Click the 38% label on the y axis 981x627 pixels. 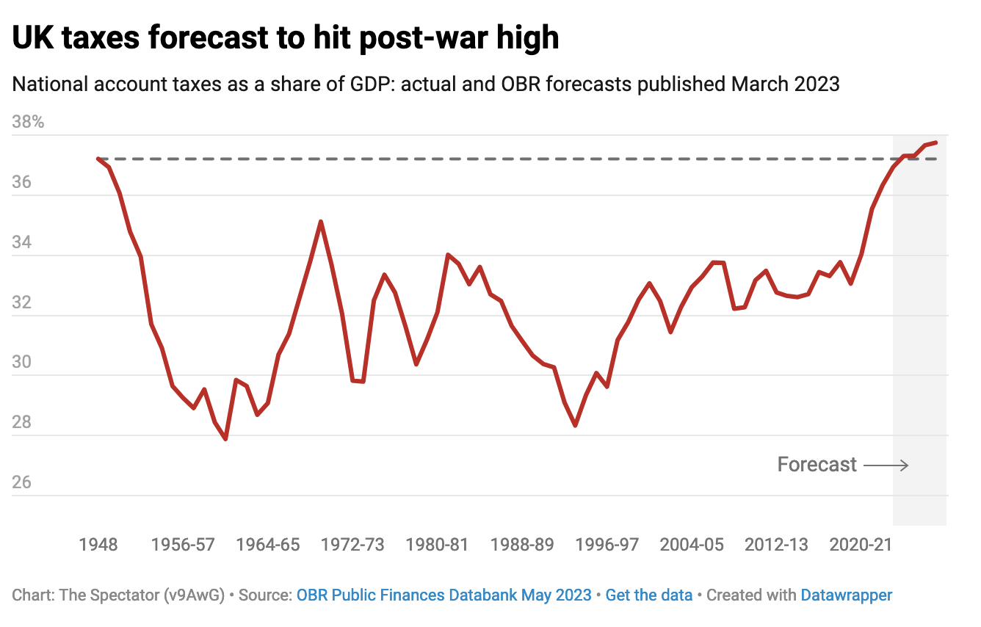coord(28,122)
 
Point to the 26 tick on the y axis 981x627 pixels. coord(22,482)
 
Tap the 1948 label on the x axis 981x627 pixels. coord(98,545)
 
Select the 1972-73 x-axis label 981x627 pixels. coord(352,545)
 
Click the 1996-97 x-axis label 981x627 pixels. coord(607,545)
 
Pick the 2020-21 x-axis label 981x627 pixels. coord(861,545)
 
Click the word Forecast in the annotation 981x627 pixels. coord(817,465)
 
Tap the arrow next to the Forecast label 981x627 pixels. coord(886,465)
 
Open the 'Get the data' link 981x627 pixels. coord(649,595)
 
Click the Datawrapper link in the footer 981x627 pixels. coord(847,595)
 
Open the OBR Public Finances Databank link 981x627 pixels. coord(444,595)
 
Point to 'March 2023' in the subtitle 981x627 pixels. coord(785,84)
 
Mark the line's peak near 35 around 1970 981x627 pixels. coord(321,221)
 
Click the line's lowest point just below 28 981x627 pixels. coord(225,439)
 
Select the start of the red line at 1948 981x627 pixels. coord(98,159)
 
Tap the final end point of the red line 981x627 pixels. coord(935,142)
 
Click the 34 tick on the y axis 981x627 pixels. coord(22,242)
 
